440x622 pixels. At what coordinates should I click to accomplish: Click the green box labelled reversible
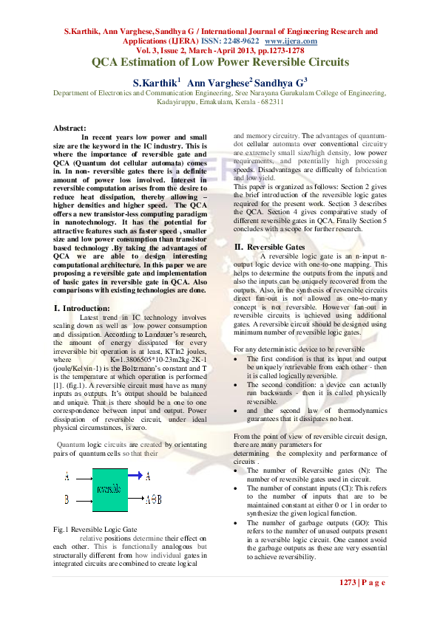pos(109,489)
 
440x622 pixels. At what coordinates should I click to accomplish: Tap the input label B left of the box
pos(67,500)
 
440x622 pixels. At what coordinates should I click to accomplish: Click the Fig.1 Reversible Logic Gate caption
pos(95,530)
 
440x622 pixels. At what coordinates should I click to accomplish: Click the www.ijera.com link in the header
pos(291,42)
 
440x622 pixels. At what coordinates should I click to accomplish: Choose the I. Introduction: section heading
pos(83,307)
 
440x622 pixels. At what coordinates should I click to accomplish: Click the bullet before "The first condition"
pos(236,358)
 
